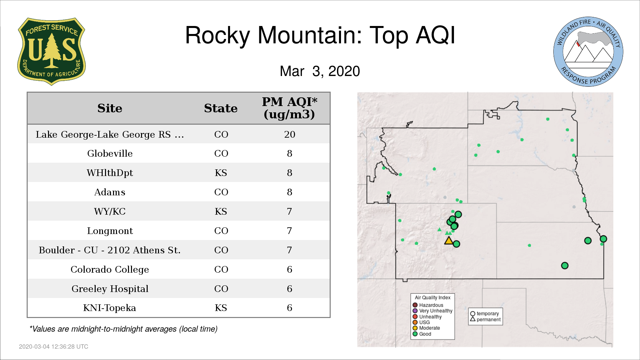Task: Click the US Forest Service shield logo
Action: point(51,52)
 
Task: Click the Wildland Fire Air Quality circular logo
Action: point(588,52)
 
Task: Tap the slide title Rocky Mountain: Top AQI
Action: point(320,35)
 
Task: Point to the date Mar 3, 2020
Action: point(320,71)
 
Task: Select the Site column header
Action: point(110,108)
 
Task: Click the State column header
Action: point(221,108)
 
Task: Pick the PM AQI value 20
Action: point(290,134)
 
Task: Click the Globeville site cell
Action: point(110,153)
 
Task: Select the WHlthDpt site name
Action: point(110,173)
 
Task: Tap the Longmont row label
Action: point(110,231)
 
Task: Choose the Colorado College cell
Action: point(110,269)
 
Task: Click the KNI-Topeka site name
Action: point(110,308)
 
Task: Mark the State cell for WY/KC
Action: point(221,211)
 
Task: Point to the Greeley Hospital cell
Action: point(110,289)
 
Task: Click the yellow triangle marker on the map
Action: point(449,240)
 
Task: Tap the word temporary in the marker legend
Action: point(488,314)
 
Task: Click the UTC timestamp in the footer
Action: point(54,347)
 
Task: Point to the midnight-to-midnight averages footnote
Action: point(123,329)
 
